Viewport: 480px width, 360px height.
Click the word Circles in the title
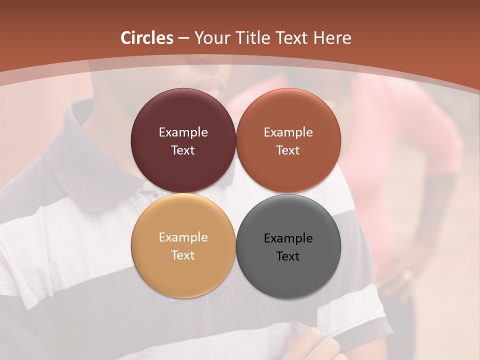coord(147,38)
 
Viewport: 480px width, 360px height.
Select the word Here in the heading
coord(332,38)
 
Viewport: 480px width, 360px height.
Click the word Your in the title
coord(212,38)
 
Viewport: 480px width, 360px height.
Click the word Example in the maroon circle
coord(183,132)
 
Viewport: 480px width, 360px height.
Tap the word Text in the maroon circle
coord(183,150)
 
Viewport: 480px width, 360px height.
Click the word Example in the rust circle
coord(288,132)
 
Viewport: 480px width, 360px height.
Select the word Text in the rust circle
coord(288,150)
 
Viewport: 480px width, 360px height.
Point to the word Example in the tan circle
coord(183,237)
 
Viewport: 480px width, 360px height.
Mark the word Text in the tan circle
coord(183,255)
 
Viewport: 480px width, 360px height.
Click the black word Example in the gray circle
coord(288,238)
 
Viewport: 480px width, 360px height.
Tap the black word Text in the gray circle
coord(288,256)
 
